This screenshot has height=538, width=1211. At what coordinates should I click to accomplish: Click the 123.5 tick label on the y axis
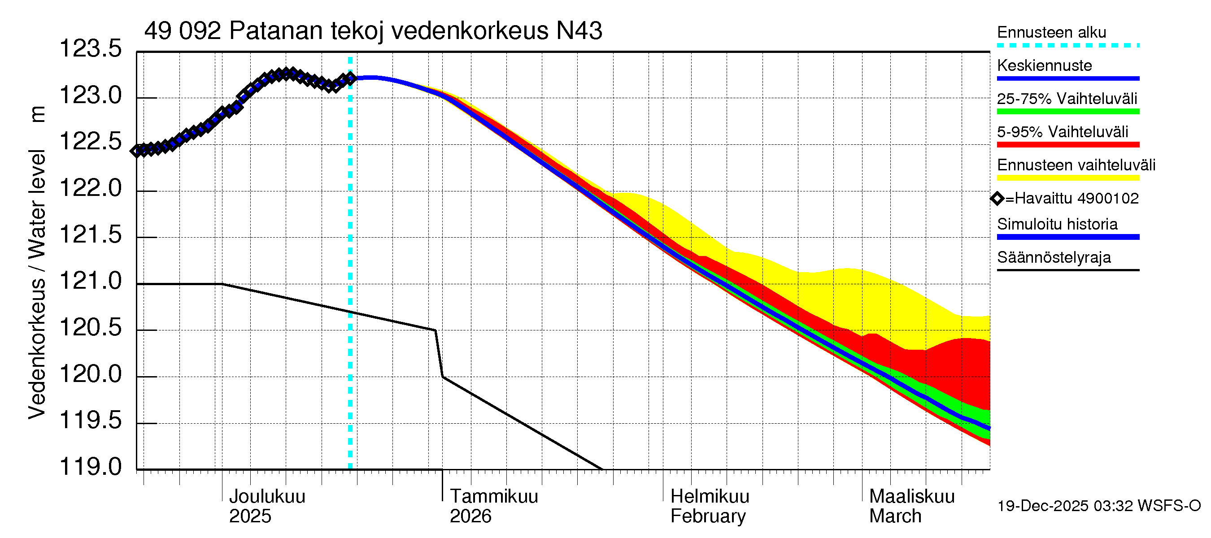pyautogui.click(x=90, y=49)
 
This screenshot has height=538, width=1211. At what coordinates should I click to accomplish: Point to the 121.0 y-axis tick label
pyautogui.click(x=90, y=282)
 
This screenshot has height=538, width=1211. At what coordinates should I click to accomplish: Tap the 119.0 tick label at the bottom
pyautogui.click(x=90, y=467)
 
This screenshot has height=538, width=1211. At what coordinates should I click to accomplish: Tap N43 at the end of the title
pyautogui.click(x=579, y=31)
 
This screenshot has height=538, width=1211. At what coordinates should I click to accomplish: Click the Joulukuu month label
pyautogui.click(x=266, y=497)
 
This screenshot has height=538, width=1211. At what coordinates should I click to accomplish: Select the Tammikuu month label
pyautogui.click(x=494, y=497)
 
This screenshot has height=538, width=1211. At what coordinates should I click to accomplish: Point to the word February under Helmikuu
pyautogui.click(x=707, y=516)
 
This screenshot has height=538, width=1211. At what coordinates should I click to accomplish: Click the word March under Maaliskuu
pyautogui.click(x=895, y=516)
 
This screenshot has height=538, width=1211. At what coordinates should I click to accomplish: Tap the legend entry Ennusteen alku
pyautogui.click(x=1051, y=33)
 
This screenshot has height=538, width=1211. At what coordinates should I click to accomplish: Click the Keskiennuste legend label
pyautogui.click(x=1044, y=66)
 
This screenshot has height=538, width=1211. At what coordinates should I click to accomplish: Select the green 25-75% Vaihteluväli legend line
pyautogui.click(x=1067, y=112)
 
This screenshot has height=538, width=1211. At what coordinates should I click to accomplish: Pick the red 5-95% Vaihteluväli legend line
pyautogui.click(x=1067, y=145)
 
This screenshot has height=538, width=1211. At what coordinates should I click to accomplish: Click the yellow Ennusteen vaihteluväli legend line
pyautogui.click(x=1067, y=178)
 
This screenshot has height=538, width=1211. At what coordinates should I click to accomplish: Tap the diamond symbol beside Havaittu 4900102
pyautogui.click(x=997, y=199)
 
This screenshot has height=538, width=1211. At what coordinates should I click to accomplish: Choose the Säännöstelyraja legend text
pyautogui.click(x=1054, y=258)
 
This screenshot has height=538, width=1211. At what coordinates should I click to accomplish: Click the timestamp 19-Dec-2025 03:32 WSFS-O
pyautogui.click(x=1098, y=506)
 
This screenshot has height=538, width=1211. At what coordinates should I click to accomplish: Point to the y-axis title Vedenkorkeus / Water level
pyautogui.click(x=37, y=284)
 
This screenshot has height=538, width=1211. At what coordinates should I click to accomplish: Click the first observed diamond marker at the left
pyautogui.click(x=137, y=151)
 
